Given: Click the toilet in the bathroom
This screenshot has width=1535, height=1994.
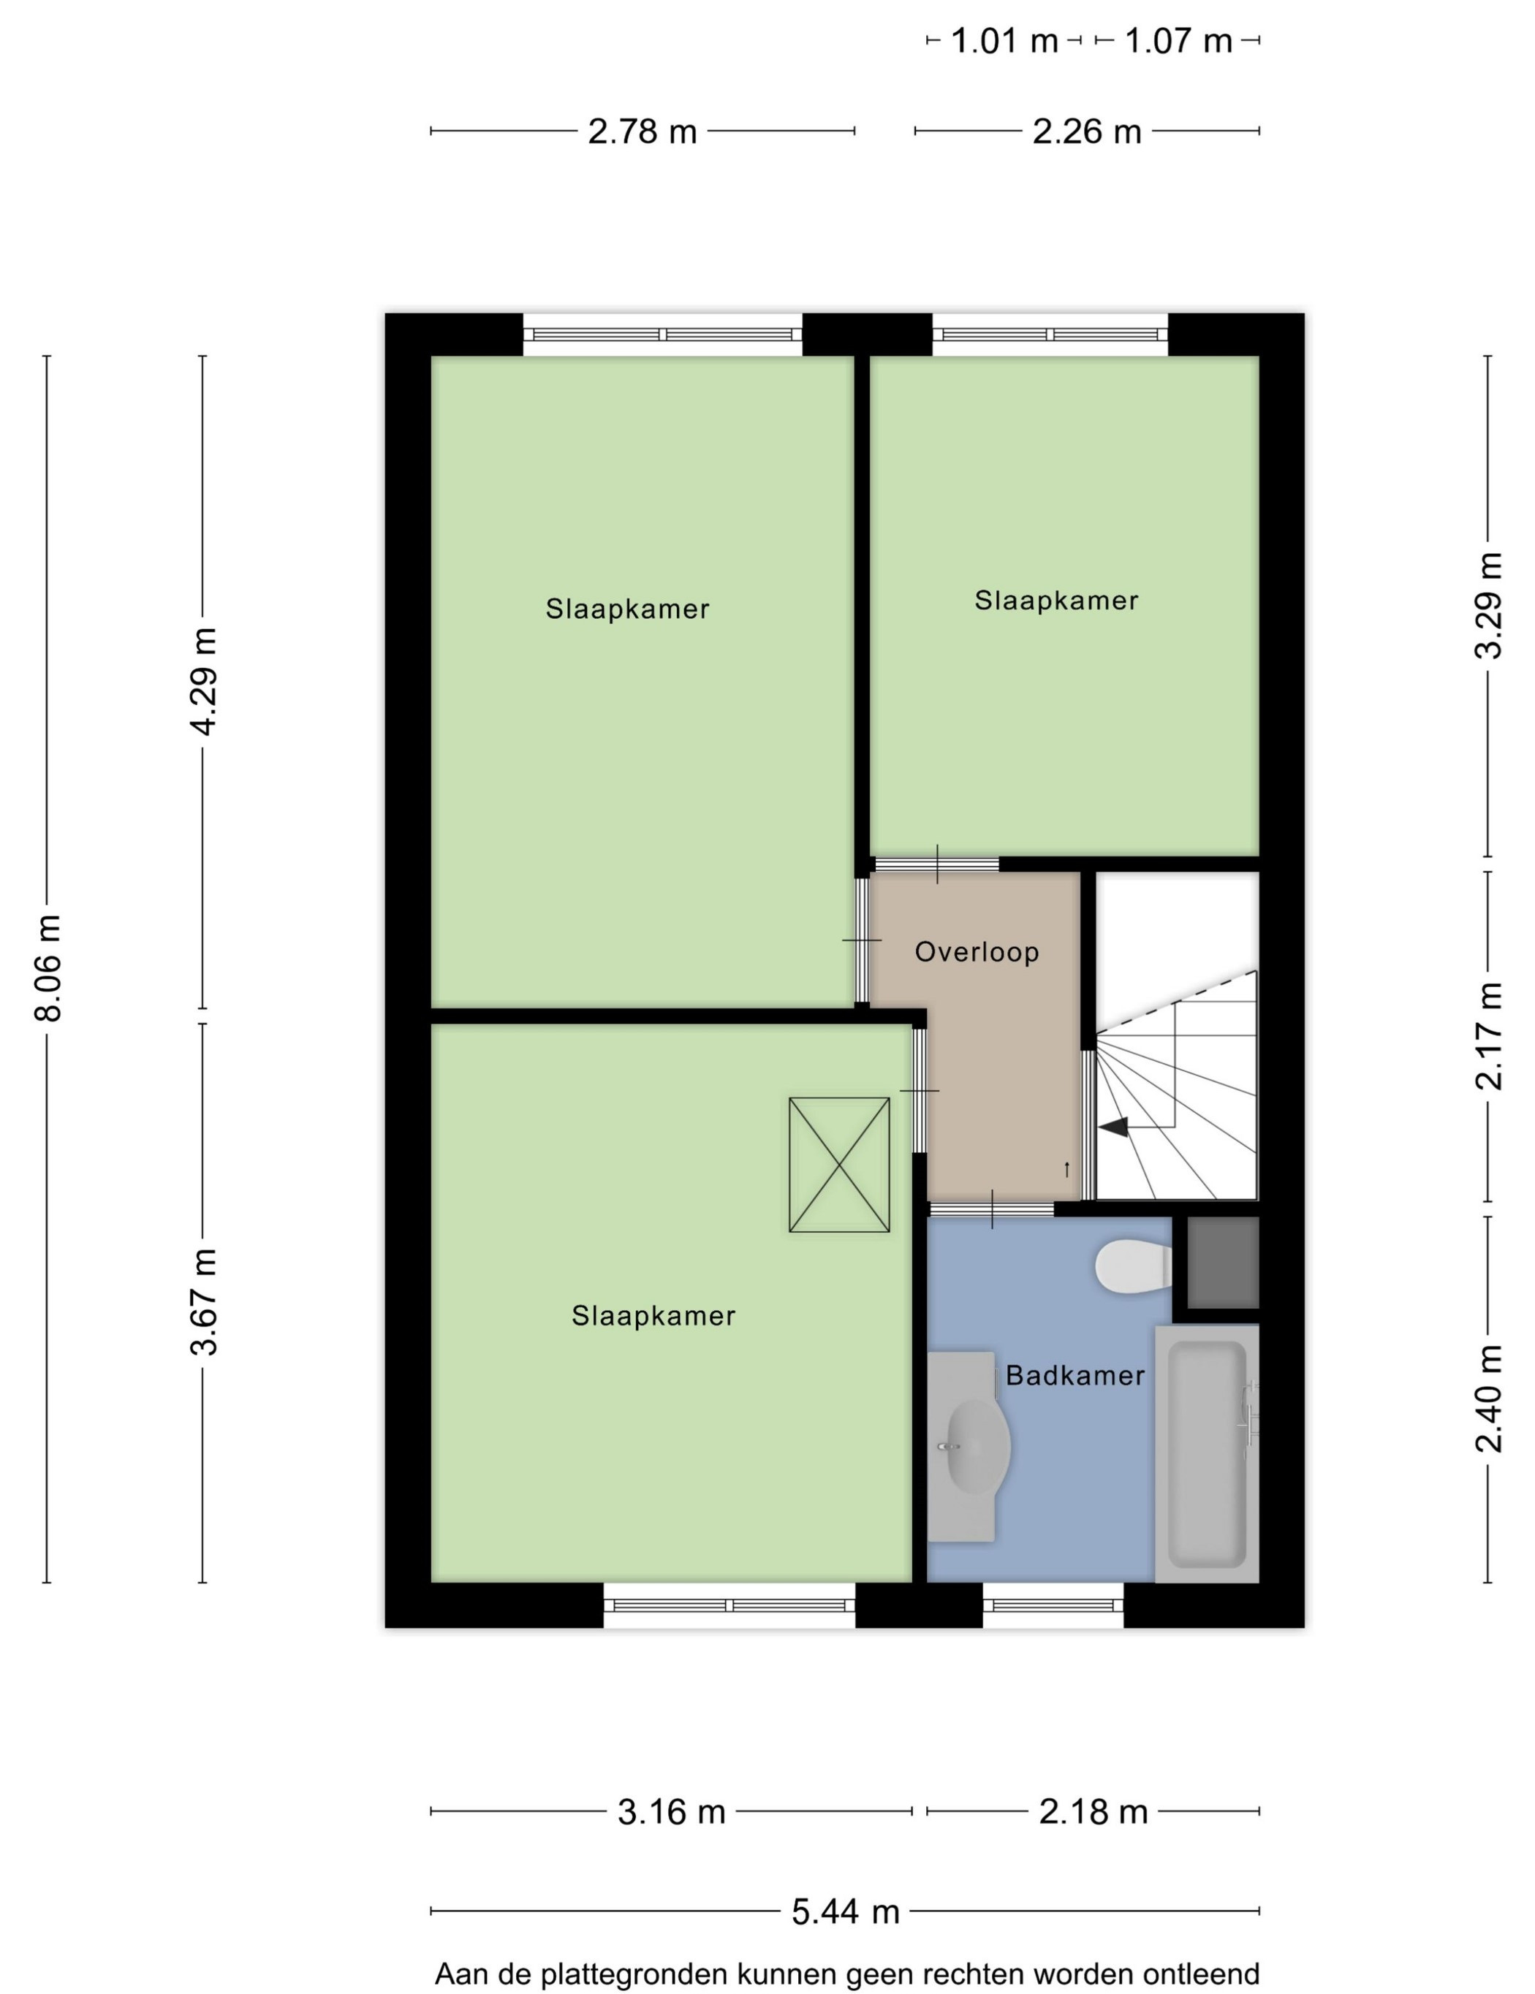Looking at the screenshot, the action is point(1133,1266).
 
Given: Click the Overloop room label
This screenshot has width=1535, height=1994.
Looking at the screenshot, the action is point(976,952).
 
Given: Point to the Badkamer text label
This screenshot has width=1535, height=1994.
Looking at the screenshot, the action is point(1074,1375).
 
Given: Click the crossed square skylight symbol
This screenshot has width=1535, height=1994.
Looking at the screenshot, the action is point(838,1164).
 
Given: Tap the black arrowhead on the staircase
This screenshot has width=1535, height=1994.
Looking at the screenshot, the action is point(1113,1127).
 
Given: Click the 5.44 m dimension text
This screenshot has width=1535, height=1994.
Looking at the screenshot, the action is point(845,1910).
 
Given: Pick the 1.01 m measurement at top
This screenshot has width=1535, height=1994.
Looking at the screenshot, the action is point(1004,41).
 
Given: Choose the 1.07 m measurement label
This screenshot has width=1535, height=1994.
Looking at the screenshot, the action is point(1178,41).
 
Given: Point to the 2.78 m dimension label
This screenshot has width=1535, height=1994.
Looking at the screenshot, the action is point(642,132).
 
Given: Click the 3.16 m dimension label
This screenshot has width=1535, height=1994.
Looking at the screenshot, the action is point(671,1811).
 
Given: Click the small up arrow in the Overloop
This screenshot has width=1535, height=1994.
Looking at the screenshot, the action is point(1066,1168).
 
